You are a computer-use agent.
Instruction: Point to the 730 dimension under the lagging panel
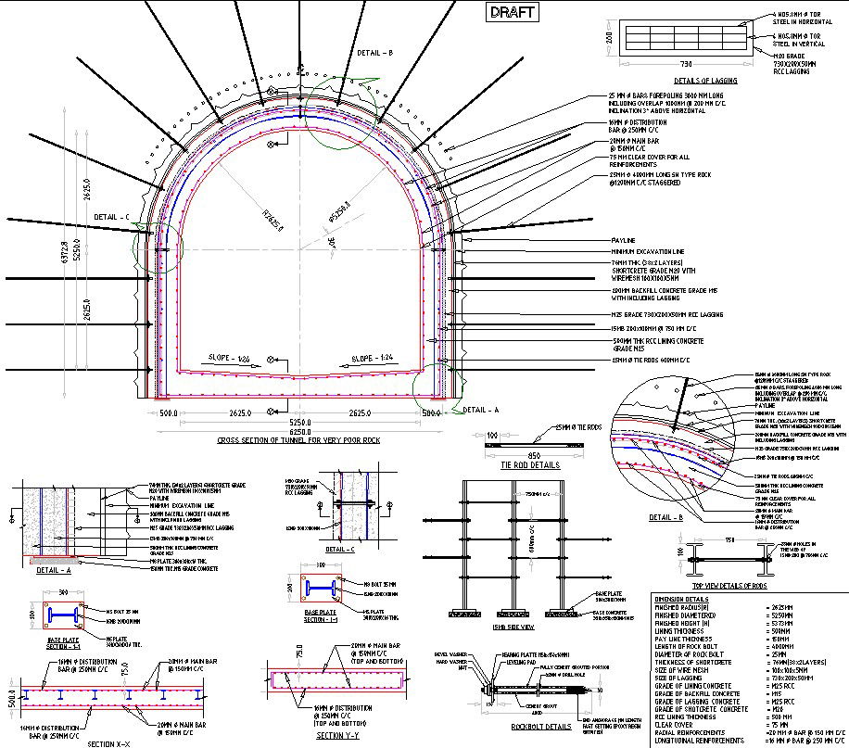685,65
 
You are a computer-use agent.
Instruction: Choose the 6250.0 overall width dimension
300,431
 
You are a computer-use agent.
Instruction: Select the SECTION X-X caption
114,743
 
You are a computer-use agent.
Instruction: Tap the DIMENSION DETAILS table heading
682,599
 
